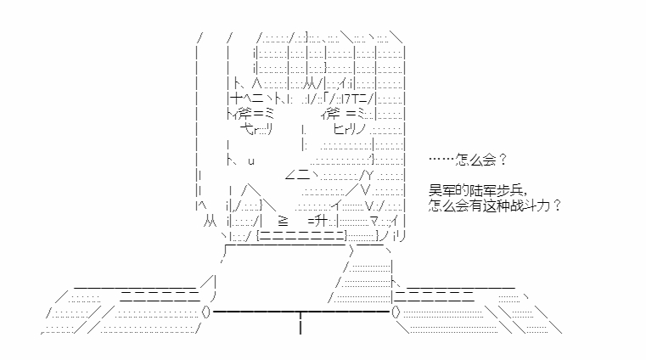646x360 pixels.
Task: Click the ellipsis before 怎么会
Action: pos(441,159)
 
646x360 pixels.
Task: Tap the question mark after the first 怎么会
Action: pos(503,159)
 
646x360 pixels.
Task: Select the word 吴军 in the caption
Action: pos(442,190)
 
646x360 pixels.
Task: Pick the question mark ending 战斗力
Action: pos(557,205)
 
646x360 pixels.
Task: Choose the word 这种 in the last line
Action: pos(496,205)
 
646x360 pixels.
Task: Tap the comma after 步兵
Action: pos(525,194)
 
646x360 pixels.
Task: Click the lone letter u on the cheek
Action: pos(251,161)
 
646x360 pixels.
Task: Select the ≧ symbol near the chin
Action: pos(283,222)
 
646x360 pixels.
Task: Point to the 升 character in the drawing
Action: pos(320,222)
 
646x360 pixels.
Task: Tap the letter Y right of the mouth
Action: pos(369,177)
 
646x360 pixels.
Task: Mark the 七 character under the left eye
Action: pos(247,129)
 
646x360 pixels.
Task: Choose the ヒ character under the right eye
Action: pos(340,129)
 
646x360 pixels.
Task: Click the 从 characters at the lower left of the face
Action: pos(210,222)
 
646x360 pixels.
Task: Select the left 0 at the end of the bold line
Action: pos(206,312)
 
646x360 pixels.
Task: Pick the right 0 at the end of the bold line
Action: pos(396,312)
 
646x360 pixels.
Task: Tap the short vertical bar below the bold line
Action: pos(301,323)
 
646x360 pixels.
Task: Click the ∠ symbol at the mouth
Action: pos(289,177)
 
